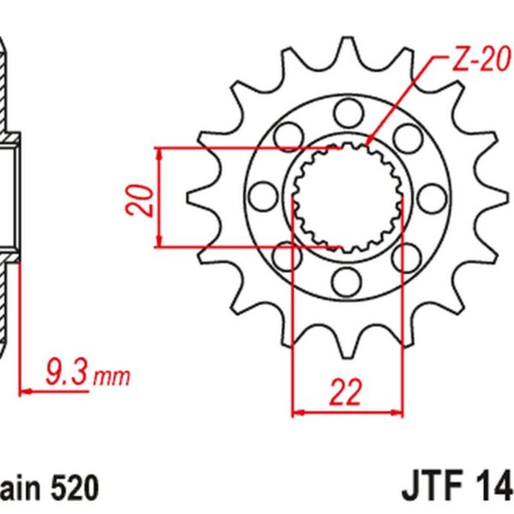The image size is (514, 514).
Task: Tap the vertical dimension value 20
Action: pos(146,198)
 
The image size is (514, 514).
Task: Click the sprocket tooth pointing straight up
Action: pos(347,47)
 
